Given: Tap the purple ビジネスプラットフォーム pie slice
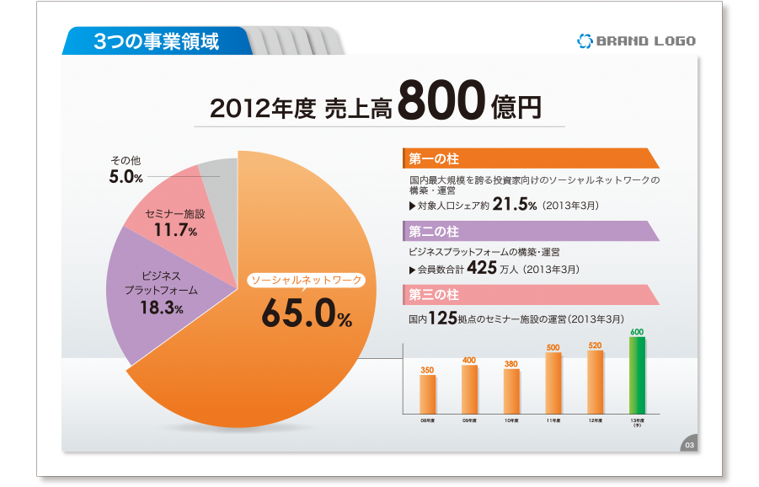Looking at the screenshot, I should pos(160,291).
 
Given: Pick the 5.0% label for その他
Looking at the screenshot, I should pos(126,177).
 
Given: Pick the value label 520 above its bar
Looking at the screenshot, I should pos(595,345).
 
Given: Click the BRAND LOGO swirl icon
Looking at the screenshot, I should pos(585,40).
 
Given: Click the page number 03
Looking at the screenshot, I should pos(689,445).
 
